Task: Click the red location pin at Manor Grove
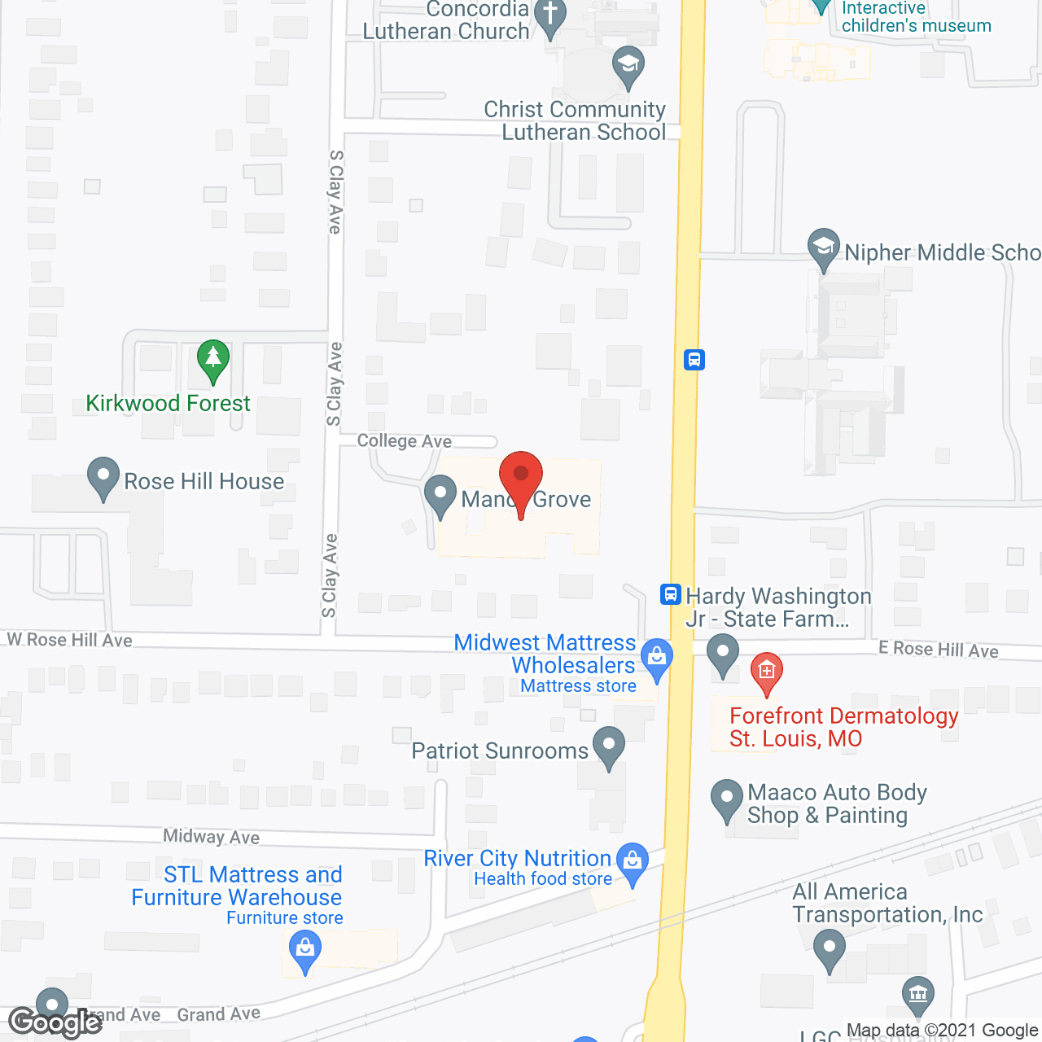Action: pyautogui.click(x=520, y=475)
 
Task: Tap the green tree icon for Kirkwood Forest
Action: pyautogui.click(x=213, y=358)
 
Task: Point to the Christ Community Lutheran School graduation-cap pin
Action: pyautogui.click(x=628, y=65)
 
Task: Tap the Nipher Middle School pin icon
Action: pyautogui.click(x=824, y=247)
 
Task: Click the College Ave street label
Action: pyautogui.click(x=405, y=440)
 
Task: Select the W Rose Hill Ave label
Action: pyautogui.click(x=70, y=640)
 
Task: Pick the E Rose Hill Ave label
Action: pyautogui.click(x=938, y=649)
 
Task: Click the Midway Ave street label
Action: pyautogui.click(x=211, y=836)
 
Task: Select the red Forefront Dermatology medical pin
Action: pyautogui.click(x=766, y=672)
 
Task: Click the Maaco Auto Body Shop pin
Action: pyautogui.click(x=726, y=799)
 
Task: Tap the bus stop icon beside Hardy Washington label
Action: pyautogui.click(x=670, y=594)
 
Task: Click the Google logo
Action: pyautogui.click(x=55, y=1022)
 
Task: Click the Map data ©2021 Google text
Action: pyautogui.click(x=942, y=1031)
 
